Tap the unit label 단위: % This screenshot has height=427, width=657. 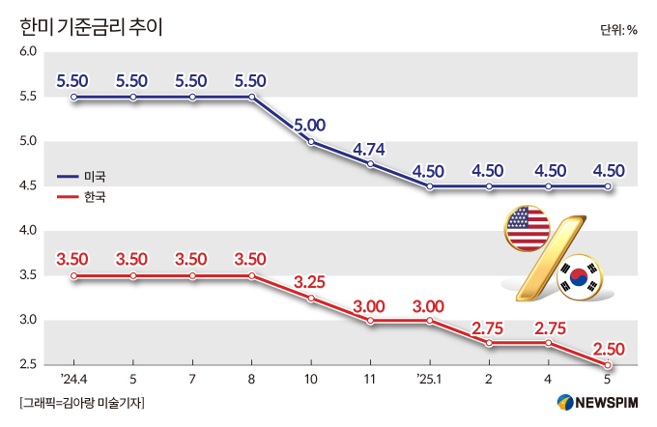[x=618, y=29]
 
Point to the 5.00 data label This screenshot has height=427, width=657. [x=311, y=125]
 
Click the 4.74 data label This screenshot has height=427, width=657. [x=370, y=148]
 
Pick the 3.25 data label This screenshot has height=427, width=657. [x=311, y=282]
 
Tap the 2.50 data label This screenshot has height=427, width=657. [x=608, y=348]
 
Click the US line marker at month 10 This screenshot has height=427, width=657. [x=311, y=142]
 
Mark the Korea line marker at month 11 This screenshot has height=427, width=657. [x=370, y=321]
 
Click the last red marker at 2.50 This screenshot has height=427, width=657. [x=608, y=365]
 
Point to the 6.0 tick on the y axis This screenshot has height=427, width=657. [x=27, y=52]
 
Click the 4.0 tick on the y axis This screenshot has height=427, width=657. [x=27, y=231]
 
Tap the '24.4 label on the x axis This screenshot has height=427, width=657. [x=73, y=380]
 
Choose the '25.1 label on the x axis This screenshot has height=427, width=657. [x=428, y=380]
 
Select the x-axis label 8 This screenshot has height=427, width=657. [x=252, y=380]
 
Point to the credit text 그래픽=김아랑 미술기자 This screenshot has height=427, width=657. [x=81, y=403]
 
